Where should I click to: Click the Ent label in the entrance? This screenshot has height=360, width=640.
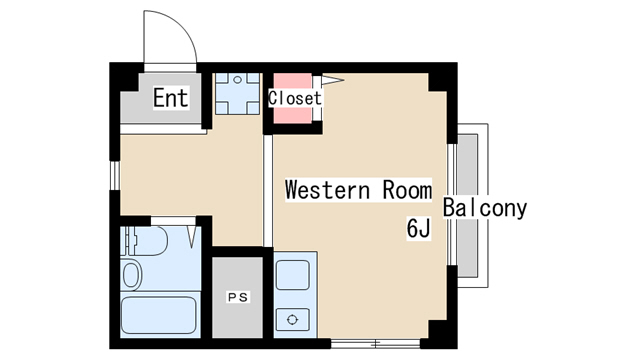click(x=171, y=98)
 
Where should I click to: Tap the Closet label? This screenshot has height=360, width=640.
click(x=295, y=98)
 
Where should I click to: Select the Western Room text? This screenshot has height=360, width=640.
click(x=358, y=190)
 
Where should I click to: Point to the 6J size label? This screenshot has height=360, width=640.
click(x=418, y=228)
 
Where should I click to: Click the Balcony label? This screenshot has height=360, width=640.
click(x=485, y=208)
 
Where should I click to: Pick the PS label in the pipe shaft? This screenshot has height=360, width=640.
click(x=238, y=297)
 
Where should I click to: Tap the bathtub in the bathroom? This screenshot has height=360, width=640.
click(x=159, y=315)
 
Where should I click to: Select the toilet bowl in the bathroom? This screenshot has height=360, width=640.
click(x=131, y=275)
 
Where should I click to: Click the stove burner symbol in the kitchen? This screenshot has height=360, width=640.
click(x=292, y=320)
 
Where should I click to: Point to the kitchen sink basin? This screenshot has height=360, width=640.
click(x=293, y=275)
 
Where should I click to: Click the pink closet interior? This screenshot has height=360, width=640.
click(x=292, y=98)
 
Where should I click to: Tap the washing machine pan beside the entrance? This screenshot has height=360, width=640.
click(x=237, y=93)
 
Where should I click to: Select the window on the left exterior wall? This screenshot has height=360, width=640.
click(x=115, y=176)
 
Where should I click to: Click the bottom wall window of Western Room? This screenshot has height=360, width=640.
click(x=375, y=344)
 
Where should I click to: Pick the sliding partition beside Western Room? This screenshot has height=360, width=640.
click(x=267, y=191)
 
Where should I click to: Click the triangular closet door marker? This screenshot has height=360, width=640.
click(x=332, y=80)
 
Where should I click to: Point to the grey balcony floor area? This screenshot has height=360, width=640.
click(x=467, y=205)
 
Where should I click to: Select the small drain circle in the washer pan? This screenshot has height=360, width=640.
click(x=237, y=80)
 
